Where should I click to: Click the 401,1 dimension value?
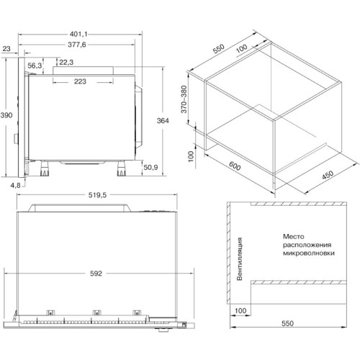(78, 35)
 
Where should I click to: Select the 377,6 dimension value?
(77, 45)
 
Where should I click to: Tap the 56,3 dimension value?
(35, 66)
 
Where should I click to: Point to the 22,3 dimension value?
(66, 63)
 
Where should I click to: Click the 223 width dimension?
(80, 81)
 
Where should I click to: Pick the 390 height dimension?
(6, 115)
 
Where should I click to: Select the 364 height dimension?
(163, 120)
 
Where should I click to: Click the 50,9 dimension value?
(150, 167)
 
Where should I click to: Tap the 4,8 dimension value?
(16, 185)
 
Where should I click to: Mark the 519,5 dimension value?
(97, 195)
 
